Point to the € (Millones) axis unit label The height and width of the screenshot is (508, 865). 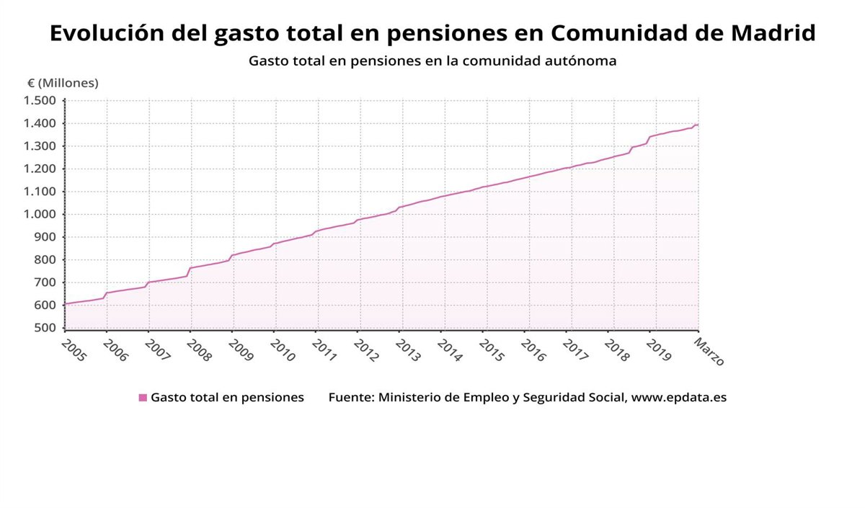[63, 83]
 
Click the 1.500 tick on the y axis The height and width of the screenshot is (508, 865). [40, 101]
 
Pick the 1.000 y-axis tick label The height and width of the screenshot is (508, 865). [40, 215]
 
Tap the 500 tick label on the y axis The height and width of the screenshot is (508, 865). [45, 329]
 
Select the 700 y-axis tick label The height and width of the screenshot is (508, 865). [45, 283]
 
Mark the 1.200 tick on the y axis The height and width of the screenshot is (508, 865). [40, 169]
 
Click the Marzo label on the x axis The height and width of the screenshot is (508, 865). [709, 352]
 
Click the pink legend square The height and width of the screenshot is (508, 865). [143, 398]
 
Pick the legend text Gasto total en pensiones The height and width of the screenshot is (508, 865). [227, 398]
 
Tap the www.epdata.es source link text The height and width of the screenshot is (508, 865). [679, 398]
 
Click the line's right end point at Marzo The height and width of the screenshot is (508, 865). [698, 125]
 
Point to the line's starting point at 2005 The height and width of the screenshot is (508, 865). [65, 304]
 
